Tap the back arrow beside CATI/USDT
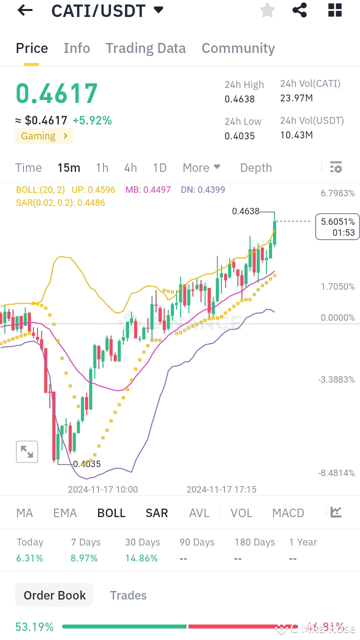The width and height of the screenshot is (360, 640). [x=24, y=10]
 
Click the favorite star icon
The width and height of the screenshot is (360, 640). [x=267, y=10]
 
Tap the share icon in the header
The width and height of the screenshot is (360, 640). [x=299, y=10]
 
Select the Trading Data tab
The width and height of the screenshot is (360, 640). [x=145, y=48]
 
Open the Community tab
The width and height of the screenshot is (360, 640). [x=238, y=48]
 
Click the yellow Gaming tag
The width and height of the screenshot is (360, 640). [x=44, y=136]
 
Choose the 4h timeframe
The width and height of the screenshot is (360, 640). [x=130, y=168]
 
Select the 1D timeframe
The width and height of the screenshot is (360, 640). [x=159, y=168]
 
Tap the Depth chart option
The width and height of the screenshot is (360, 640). [x=256, y=168]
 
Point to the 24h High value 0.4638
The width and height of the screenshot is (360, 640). [x=239, y=99]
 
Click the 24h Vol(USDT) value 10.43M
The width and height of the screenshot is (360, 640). [x=296, y=135]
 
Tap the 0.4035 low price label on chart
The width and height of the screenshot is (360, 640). [x=87, y=464]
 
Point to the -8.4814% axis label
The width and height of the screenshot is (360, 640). [x=337, y=473]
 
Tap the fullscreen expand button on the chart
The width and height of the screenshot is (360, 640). [x=27, y=452]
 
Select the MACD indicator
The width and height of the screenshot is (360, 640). [x=288, y=513]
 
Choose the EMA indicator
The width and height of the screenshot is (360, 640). [x=65, y=513]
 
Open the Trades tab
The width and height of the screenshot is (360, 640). [x=128, y=596]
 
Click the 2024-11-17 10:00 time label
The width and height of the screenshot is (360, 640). [x=103, y=490]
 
